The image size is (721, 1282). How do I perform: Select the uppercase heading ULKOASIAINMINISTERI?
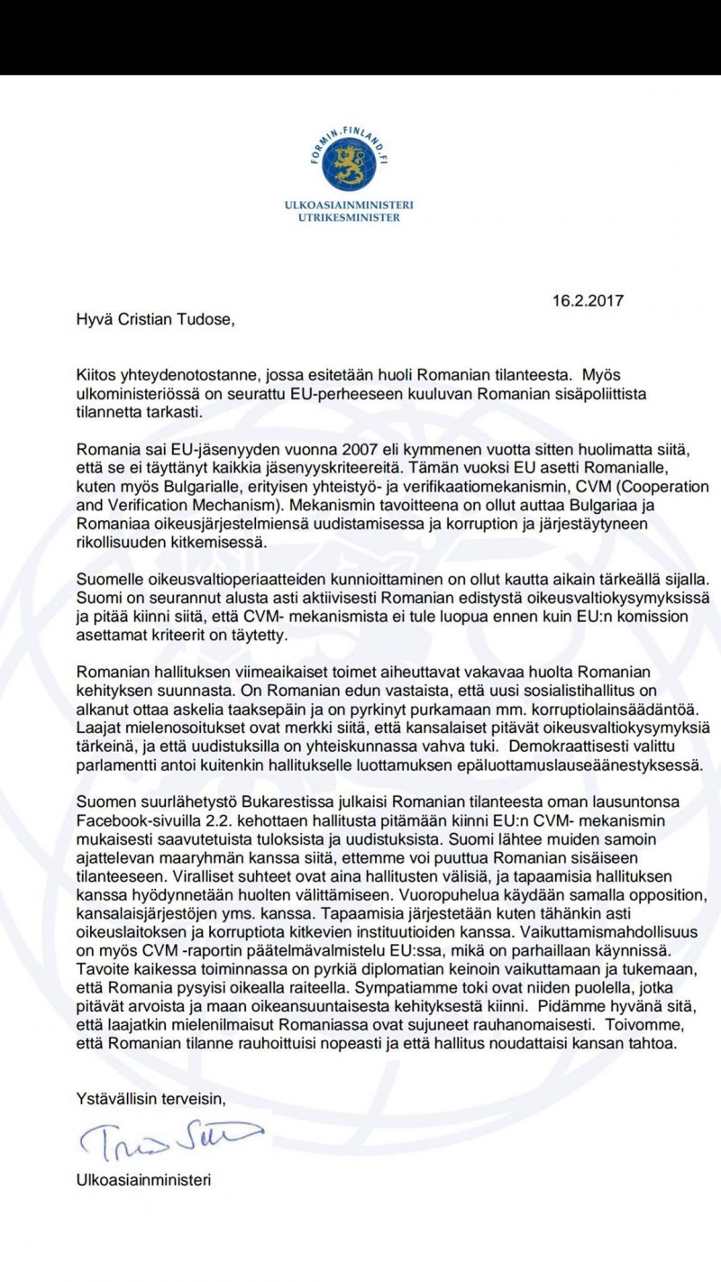point(349,206)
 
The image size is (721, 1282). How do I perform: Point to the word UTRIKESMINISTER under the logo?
point(349,217)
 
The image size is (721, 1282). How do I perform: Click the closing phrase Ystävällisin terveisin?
point(152,1098)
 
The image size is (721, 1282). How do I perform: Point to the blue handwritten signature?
point(169,1140)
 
